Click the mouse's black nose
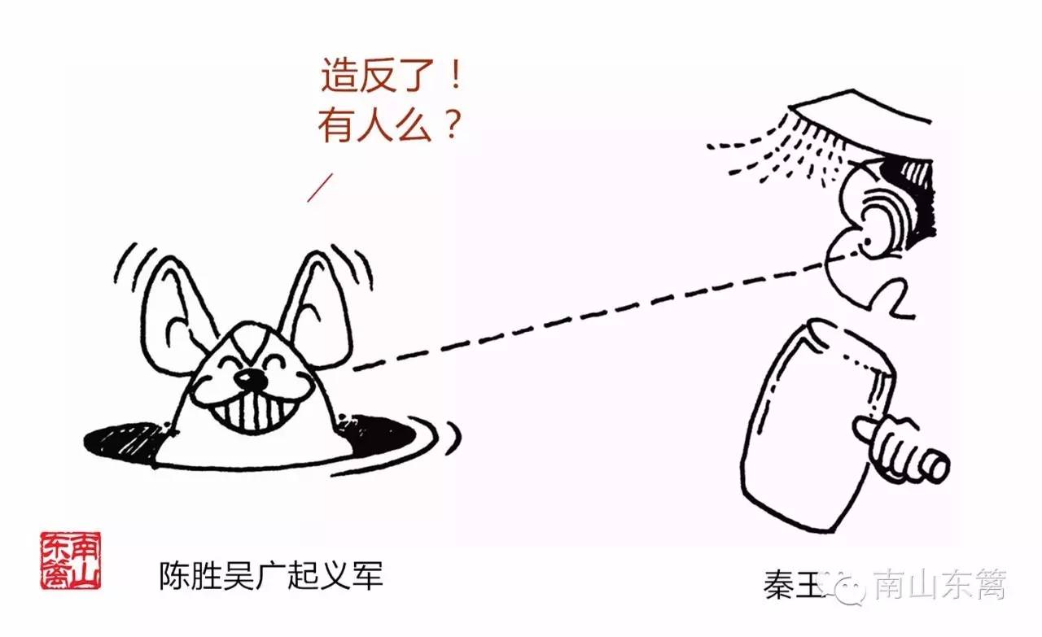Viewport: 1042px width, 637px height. [x=254, y=379]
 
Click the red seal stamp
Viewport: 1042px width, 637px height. [x=71, y=561]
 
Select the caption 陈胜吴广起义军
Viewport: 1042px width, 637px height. [x=270, y=577]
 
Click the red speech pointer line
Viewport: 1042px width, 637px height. [x=321, y=188]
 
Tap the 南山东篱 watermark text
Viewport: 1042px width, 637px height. [x=940, y=585]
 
